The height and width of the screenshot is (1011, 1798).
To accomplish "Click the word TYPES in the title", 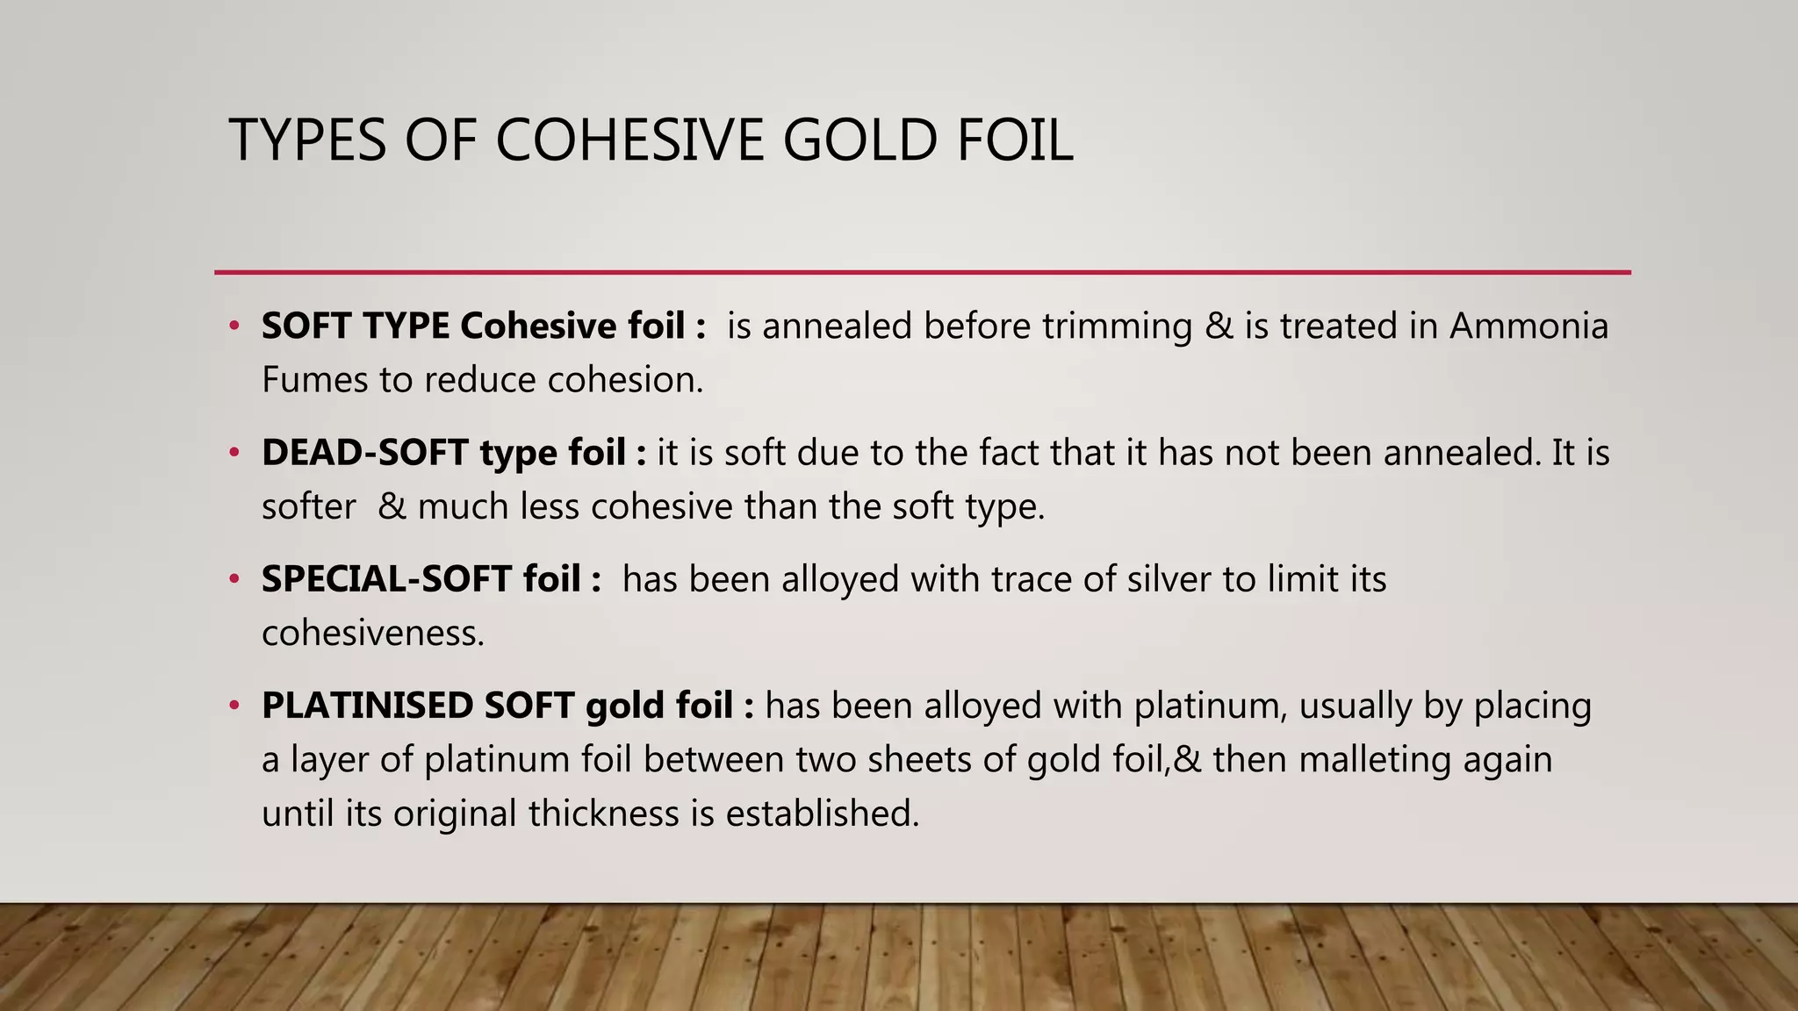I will coord(307,140).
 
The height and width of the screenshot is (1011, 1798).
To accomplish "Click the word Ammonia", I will coord(1528,326).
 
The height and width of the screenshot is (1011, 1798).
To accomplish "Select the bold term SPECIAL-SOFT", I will coord(386,579).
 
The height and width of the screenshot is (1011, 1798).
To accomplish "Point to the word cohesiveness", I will coord(372,634).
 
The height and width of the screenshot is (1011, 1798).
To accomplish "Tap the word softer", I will coord(308,507).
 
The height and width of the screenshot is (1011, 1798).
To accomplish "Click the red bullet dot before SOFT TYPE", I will coord(234,326).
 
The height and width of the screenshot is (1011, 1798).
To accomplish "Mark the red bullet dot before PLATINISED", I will coord(234,706).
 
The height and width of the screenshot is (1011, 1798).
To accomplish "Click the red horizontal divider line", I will coord(922,272).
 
